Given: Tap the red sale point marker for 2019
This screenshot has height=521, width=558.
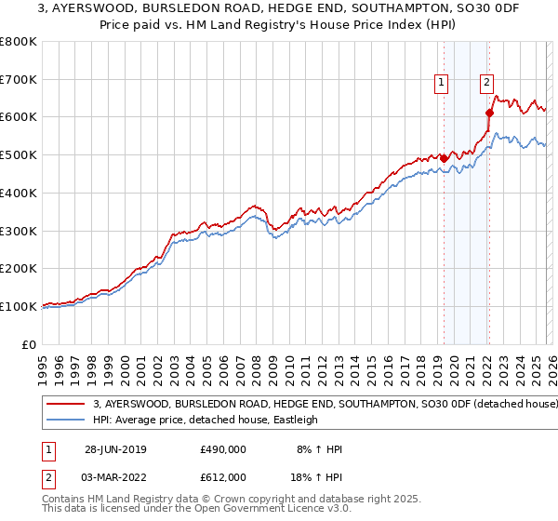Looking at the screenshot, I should pos(444,158).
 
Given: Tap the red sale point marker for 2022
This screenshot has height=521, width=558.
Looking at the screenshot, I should pos(488,112).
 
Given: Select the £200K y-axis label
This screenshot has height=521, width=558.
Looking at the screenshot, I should pos(20,268).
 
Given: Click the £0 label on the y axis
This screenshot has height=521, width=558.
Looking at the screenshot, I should pos(30,344).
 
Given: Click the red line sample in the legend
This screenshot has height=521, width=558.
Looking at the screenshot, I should pos(66,405).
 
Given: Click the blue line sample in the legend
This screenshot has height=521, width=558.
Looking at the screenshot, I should pos(66,420).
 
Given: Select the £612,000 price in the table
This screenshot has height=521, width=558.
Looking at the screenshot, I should pos(222,476).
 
